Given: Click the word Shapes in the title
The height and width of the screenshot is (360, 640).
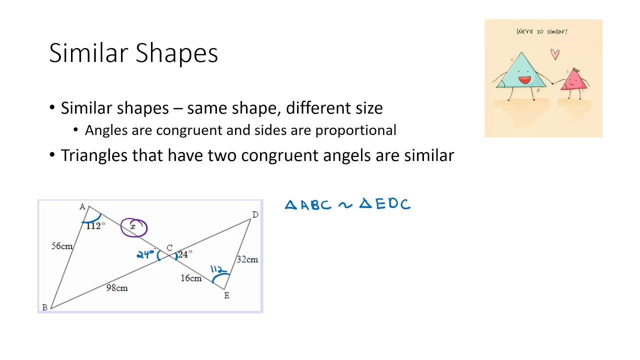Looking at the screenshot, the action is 176,53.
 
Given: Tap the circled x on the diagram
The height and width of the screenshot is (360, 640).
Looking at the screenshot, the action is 133,227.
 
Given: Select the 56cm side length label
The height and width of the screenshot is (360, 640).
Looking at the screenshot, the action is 61,246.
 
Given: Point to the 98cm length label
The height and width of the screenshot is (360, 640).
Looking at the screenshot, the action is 117,287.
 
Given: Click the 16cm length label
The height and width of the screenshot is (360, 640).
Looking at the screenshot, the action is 191,278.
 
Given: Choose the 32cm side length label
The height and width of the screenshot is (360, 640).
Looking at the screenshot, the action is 247,259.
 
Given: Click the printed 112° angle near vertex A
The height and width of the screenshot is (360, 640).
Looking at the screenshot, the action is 95,226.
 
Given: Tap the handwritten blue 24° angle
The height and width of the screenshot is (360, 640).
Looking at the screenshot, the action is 145,254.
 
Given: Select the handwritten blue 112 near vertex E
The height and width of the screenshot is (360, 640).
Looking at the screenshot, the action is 218,269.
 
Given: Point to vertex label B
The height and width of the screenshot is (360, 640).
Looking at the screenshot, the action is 45,307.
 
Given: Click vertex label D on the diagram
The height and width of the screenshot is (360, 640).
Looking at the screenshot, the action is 255,214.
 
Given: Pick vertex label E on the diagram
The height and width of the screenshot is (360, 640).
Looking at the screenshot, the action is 226,295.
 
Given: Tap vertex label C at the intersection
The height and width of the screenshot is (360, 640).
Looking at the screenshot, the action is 169,248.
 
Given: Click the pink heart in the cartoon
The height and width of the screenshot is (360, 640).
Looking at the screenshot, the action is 555,54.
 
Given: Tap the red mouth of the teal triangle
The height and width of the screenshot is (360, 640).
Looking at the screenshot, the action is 524,79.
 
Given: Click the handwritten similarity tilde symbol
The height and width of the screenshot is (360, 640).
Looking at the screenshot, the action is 345,204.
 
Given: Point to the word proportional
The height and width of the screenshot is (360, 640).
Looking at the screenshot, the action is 355,130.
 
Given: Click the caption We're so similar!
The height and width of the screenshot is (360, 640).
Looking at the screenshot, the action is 542,31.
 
